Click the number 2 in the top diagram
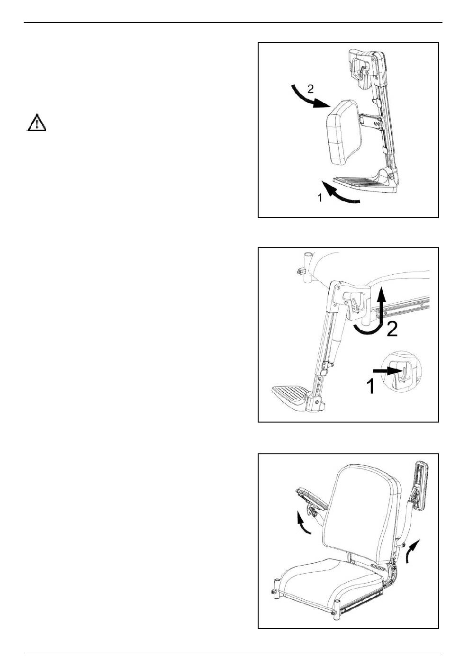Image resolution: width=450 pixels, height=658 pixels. pyautogui.click(x=310, y=89)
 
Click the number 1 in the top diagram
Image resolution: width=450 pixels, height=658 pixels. pyautogui.click(x=320, y=198)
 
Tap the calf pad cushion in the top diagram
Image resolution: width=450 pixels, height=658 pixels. pyautogui.click(x=344, y=132)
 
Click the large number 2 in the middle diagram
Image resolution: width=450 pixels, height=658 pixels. pyautogui.click(x=392, y=329)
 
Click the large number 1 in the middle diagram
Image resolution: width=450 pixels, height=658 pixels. pyautogui.click(x=371, y=386)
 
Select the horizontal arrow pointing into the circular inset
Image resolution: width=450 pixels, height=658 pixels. pyautogui.click(x=386, y=371)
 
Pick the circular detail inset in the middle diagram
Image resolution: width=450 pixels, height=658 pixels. pyautogui.click(x=401, y=371)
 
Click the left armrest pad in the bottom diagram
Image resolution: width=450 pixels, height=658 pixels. pyautogui.click(x=312, y=498)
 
